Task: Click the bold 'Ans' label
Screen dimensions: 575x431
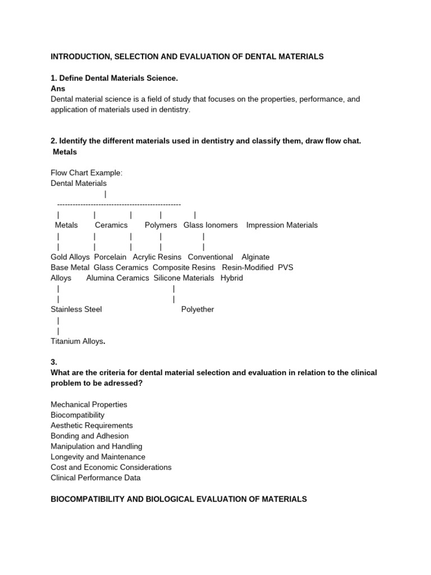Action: [58, 88]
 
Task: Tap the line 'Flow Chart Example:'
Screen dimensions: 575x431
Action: [86, 172]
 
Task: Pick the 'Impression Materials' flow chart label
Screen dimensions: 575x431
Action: [282, 225]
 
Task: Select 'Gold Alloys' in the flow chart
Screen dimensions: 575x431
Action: [70, 257]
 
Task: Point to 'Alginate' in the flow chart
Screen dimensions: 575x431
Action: [255, 257]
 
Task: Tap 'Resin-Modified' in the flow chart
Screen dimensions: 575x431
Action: [247, 267]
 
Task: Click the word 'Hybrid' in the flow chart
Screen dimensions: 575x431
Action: [232, 278]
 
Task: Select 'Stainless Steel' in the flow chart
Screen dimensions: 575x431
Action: [76, 309]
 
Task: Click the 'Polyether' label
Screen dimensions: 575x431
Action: [198, 309]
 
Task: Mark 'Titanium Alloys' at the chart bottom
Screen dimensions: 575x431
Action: [77, 341]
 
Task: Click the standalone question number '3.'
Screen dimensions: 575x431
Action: [54, 362]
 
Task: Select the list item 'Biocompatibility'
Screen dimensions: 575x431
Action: [77, 415]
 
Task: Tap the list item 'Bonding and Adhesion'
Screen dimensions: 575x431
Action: [89, 436]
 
